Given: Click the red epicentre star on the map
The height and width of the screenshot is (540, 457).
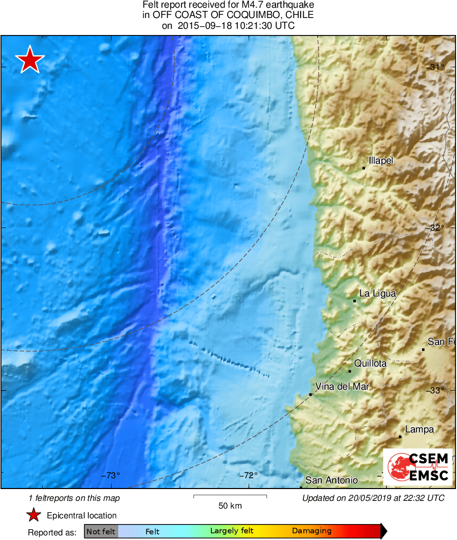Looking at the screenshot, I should (30, 60).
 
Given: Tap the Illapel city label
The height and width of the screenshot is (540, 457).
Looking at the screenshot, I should (381, 161).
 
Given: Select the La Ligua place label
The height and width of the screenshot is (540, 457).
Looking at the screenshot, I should (377, 293).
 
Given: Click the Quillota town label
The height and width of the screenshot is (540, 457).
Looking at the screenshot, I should (370, 363).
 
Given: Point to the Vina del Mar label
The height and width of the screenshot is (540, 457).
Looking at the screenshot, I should (342, 387).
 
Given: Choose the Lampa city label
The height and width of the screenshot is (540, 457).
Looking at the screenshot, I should (419, 429).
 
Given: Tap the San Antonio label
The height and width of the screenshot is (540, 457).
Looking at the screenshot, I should (332, 480).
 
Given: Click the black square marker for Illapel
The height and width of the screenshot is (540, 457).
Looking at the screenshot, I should (363, 168).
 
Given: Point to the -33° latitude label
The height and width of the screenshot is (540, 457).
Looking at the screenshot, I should (436, 390).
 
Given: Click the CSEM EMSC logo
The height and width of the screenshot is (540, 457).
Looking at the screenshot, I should (418, 467).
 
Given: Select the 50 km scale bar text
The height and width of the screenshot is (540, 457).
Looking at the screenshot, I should (230, 506).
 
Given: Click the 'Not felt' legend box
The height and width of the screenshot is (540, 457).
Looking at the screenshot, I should (101, 531).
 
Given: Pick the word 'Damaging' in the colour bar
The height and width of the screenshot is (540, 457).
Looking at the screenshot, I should (312, 531).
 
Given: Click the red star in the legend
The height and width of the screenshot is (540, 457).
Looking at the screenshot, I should (33, 515).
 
